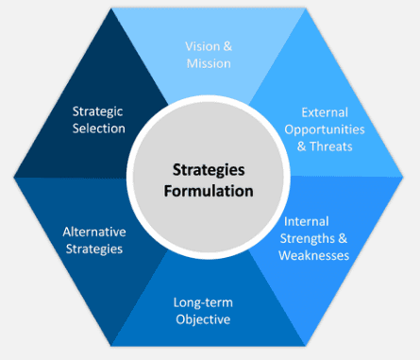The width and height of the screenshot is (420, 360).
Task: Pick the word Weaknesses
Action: (x=316, y=255)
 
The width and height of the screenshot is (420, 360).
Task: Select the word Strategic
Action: (x=99, y=111)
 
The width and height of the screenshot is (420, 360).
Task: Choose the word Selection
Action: (x=99, y=129)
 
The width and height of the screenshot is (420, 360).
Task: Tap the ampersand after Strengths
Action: (x=344, y=238)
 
